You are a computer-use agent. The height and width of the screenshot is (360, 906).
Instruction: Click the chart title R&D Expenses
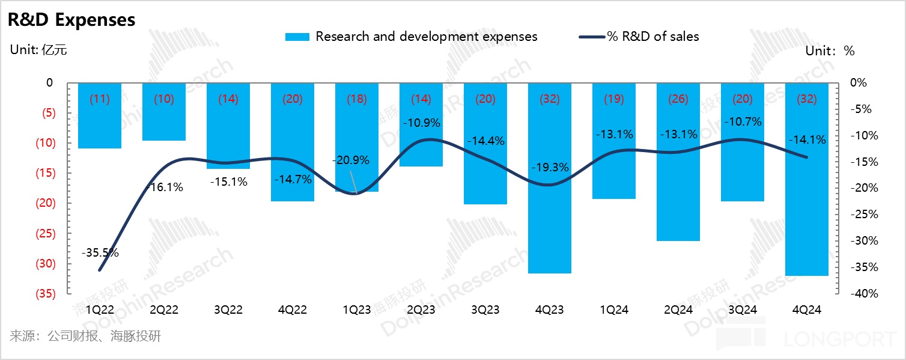(x=71, y=20)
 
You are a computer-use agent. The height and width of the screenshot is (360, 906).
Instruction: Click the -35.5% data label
(x=100, y=253)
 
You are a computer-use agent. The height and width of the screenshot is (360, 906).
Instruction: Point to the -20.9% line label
(x=351, y=160)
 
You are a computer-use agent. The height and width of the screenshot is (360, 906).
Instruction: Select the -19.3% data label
(x=550, y=168)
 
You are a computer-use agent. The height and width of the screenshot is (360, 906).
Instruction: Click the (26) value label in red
(x=678, y=99)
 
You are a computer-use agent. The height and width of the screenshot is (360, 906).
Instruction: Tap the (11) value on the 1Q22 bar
(x=100, y=99)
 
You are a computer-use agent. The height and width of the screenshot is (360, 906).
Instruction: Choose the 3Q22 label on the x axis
(x=228, y=310)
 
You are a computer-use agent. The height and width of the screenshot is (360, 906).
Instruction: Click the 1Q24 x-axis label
(x=613, y=310)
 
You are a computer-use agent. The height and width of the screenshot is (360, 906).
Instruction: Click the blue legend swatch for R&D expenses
(x=297, y=37)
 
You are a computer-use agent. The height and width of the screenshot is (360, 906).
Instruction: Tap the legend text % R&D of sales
(x=653, y=37)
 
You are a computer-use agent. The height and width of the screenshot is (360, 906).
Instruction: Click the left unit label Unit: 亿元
(x=38, y=50)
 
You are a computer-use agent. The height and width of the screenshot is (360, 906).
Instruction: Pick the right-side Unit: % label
(x=830, y=51)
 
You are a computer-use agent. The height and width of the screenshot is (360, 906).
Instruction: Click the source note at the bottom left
(x=85, y=336)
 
